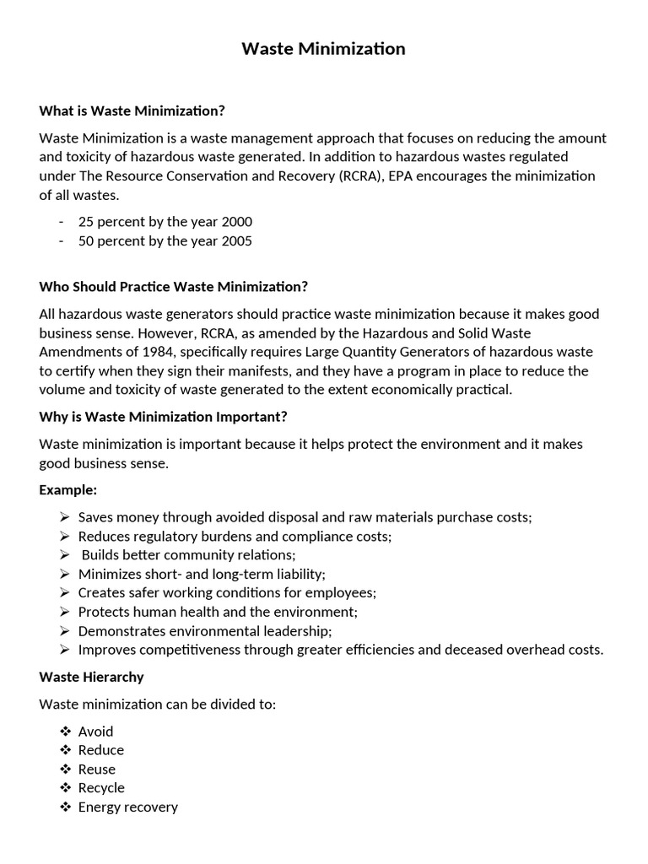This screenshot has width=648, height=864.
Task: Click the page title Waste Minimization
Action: coord(323,49)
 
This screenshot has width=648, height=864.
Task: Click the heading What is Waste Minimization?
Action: coord(132,111)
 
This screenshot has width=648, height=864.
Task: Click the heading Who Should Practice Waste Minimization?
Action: coord(174,287)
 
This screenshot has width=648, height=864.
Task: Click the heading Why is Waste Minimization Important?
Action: coord(164,416)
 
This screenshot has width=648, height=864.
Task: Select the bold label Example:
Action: coord(68,489)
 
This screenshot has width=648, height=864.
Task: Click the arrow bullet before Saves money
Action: coord(66,517)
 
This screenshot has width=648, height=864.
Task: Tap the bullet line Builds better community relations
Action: coord(188,555)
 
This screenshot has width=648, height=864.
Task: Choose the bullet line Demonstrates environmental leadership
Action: coord(205,630)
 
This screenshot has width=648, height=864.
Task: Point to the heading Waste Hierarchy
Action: coord(92,677)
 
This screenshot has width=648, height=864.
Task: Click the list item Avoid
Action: coord(95,732)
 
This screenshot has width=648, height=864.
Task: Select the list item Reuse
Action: coord(97,769)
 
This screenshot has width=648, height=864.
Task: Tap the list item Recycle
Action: coord(101,788)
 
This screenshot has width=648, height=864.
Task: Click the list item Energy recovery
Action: coord(128,807)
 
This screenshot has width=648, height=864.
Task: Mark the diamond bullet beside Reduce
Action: coord(66,750)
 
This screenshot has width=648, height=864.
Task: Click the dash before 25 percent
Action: coord(62,222)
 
